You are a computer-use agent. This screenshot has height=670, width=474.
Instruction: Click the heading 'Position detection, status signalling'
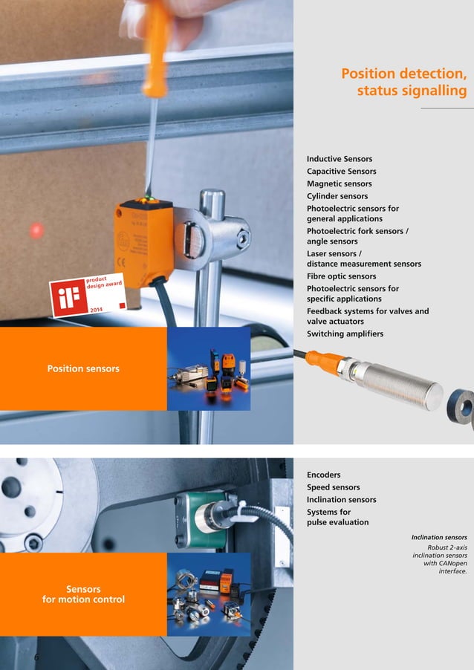pyautogui.click(x=403, y=82)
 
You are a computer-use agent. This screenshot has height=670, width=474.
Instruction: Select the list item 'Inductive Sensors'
pyautogui.click(x=340, y=159)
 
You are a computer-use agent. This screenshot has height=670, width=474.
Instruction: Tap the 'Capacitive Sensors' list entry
pyautogui.click(x=342, y=172)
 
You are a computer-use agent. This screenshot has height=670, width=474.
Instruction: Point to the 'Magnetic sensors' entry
pyautogui.click(x=340, y=183)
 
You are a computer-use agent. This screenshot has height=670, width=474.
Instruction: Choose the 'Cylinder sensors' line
pyautogui.click(x=337, y=196)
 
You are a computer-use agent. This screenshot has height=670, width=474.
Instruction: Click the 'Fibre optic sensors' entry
pyautogui.click(x=342, y=276)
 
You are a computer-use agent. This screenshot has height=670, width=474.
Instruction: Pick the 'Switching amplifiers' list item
pyautogui.click(x=345, y=334)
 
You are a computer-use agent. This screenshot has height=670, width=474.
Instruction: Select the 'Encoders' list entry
pyautogui.click(x=324, y=475)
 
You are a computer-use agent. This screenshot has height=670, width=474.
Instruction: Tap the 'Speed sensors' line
pyautogui.click(x=334, y=487)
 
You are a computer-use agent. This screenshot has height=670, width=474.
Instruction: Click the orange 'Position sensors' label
pyautogui.click(x=83, y=368)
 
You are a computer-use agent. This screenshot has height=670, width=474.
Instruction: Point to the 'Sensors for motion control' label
pyautogui.click(x=83, y=594)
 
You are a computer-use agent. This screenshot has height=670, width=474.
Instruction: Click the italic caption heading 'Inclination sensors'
pyautogui.click(x=439, y=537)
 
